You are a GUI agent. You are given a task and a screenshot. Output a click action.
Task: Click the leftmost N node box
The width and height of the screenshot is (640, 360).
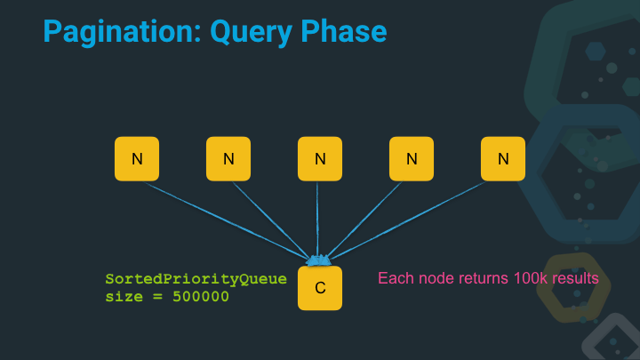137,159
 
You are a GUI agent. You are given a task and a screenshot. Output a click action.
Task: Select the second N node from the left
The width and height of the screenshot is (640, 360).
228,159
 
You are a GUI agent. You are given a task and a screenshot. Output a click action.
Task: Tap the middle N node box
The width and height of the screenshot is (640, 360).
320,159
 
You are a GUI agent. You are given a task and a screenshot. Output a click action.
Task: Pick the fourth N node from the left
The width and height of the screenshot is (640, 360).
412,159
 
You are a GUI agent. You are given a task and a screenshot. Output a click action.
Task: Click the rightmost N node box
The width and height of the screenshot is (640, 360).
503,159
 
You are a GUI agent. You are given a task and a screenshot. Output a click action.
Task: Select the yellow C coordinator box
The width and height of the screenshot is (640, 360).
320,288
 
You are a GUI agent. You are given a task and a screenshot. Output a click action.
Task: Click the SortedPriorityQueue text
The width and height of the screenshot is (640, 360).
196,279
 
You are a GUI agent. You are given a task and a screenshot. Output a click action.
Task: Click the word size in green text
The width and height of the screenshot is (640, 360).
123,296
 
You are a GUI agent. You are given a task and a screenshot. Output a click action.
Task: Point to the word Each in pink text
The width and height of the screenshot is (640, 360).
395,279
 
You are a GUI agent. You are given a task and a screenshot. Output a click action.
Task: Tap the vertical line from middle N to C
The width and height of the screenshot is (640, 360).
318,218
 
